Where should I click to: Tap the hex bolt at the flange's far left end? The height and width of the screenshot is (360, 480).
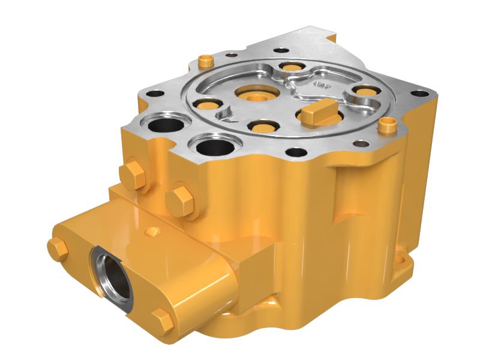[x=58, y=248]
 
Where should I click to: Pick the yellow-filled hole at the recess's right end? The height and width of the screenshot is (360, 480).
[x=362, y=92]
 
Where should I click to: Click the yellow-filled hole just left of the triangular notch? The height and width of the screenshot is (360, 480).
[x=208, y=104]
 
